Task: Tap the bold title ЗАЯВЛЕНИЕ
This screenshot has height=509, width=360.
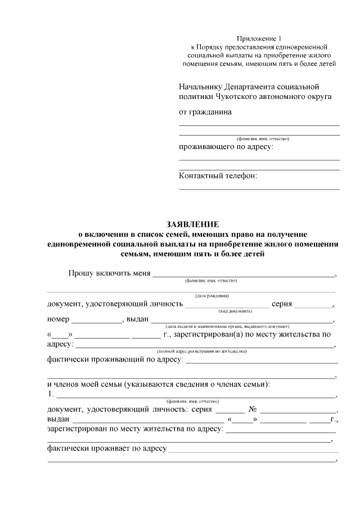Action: (x=192, y=224)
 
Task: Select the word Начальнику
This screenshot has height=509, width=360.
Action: (x=200, y=87)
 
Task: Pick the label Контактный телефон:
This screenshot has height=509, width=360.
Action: (x=218, y=176)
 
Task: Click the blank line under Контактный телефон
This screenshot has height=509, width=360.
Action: (x=259, y=189)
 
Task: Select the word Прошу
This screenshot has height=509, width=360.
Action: (x=80, y=273)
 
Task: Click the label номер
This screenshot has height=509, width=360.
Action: (x=58, y=319)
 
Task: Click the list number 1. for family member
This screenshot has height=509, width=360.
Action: (x=51, y=394)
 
